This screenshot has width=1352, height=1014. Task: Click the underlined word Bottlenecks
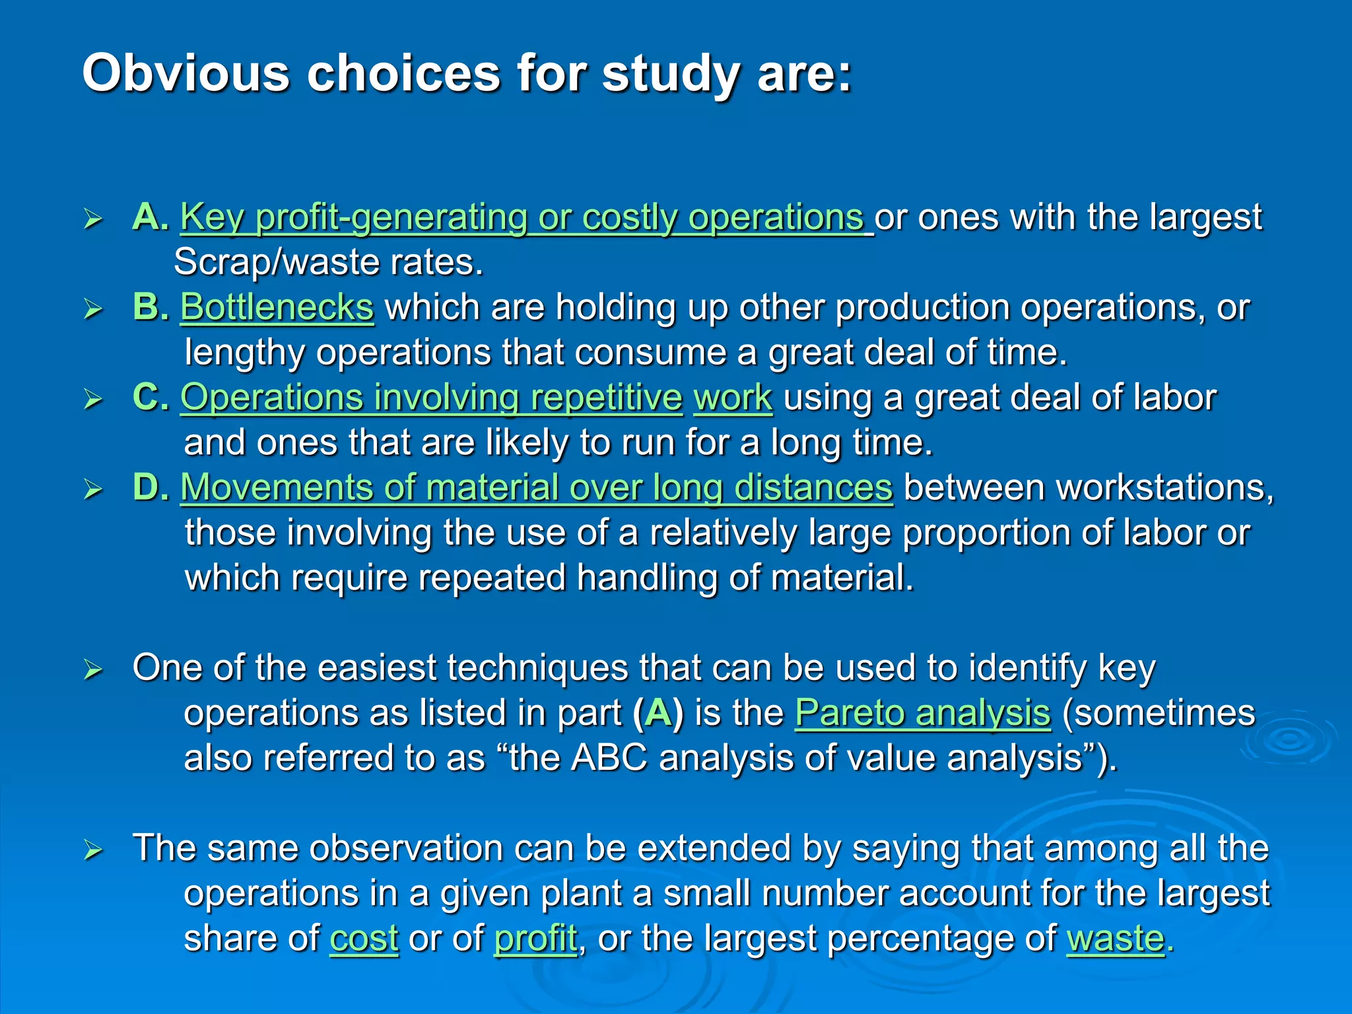(x=277, y=308)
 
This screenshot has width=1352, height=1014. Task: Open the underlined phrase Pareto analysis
(x=922, y=713)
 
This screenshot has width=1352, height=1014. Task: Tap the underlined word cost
(x=364, y=938)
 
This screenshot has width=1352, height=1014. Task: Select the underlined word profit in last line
(x=535, y=938)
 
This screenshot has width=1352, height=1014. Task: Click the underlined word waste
(x=1115, y=938)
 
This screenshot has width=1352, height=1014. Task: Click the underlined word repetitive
(x=606, y=398)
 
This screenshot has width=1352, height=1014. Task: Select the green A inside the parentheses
(x=658, y=713)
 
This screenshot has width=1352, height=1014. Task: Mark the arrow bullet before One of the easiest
(x=93, y=670)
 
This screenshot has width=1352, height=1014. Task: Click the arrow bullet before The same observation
(x=93, y=850)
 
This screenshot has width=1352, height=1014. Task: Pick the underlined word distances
(x=813, y=488)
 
